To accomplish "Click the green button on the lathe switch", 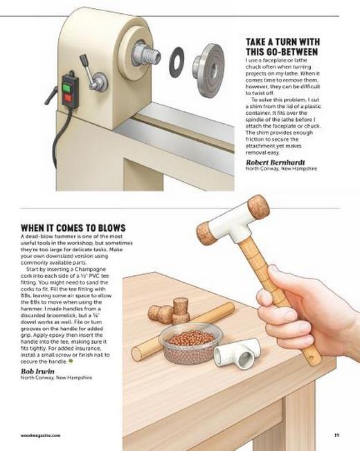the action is [x=66, y=87].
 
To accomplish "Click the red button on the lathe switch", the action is [x=68, y=98].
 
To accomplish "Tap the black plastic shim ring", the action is [x=177, y=62].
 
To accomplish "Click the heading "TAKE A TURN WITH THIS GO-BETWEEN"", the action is [x=282, y=46].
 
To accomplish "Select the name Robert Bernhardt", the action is [x=275, y=163].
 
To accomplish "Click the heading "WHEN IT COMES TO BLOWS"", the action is [x=73, y=228].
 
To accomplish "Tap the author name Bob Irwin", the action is [x=37, y=371].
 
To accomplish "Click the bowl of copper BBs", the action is [x=190, y=343].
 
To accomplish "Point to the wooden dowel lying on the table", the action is [x=183, y=330].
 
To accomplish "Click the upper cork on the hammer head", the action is [x=259, y=207].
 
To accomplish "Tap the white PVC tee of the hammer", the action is [x=233, y=227].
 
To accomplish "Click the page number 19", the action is [x=336, y=435].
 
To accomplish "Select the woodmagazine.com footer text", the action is [x=41, y=436].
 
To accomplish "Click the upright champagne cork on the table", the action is [x=181, y=311].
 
